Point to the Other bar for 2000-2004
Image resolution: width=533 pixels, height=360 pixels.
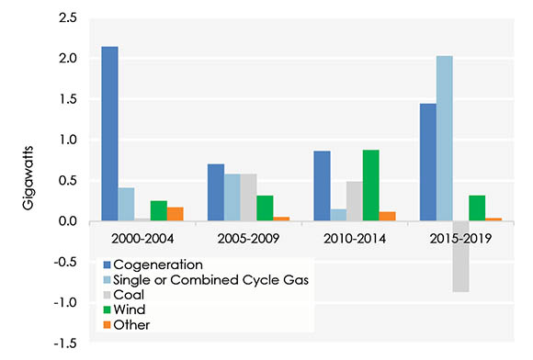pyautogui.click(x=176, y=214)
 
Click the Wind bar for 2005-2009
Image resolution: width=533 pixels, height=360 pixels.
pyautogui.click(x=265, y=208)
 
